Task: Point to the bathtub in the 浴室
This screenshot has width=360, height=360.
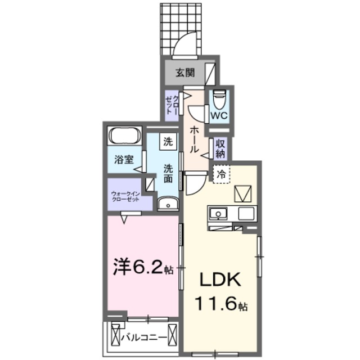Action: (125, 136)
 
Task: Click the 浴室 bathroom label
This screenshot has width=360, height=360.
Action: (124, 159)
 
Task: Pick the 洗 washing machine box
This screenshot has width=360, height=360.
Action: (168, 141)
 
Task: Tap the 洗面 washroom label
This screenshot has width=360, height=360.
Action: (168, 173)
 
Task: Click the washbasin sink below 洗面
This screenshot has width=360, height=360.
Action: (167, 204)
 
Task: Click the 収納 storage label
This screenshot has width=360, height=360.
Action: (220, 147)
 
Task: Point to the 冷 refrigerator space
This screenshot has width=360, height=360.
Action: (221, 174)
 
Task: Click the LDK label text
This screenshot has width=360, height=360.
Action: (219, 280)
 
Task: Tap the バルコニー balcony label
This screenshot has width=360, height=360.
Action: (145, 337)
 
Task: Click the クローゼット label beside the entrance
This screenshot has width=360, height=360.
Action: (172, 105)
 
